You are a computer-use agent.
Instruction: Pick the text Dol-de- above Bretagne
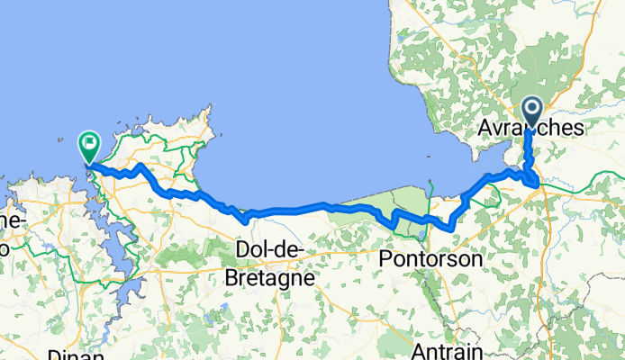click(x=269, y=248)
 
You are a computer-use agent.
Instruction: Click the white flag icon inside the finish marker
click(x=89, y=141)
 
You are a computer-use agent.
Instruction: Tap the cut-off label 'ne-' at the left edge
click(x=11, y=220)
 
